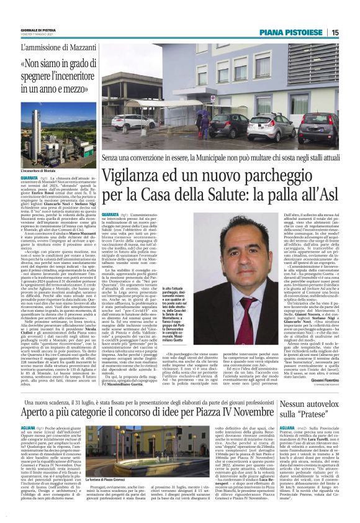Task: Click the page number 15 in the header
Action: tap(352, 32)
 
